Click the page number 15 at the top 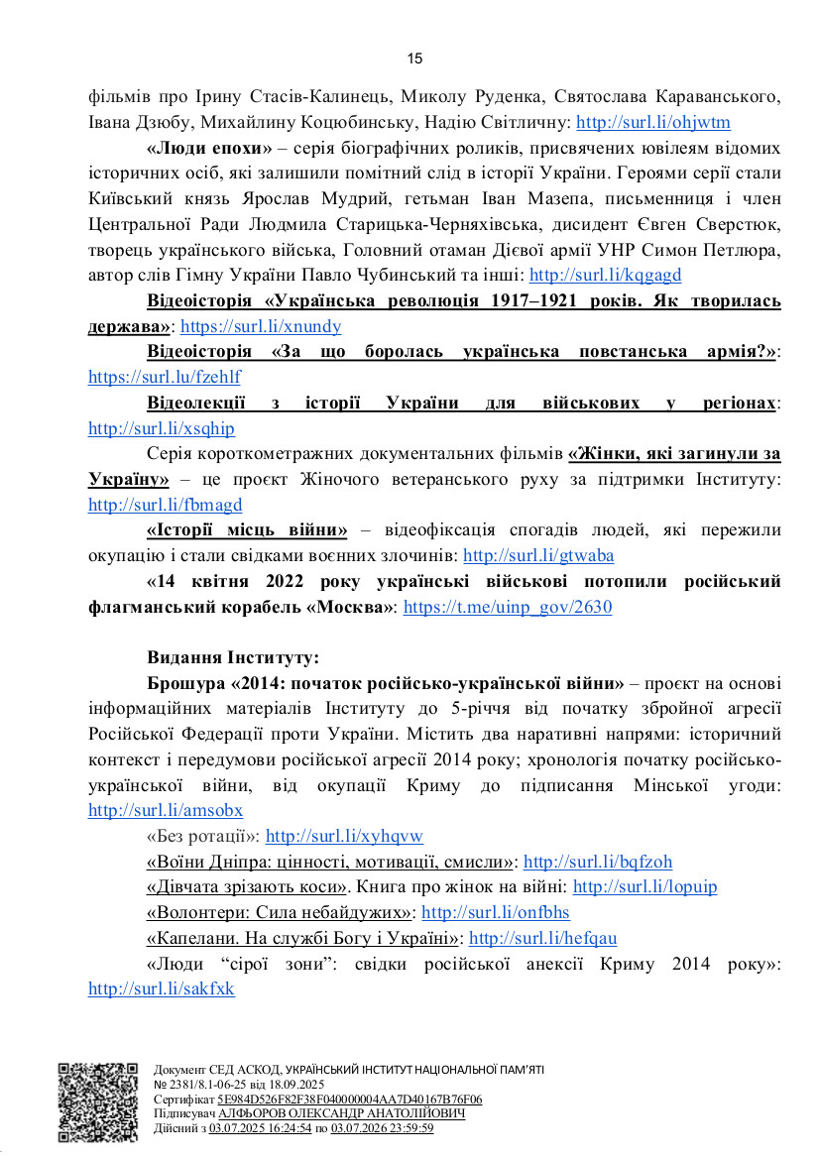(414, 58)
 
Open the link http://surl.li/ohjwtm (652, 124)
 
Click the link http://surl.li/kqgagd (605, 275)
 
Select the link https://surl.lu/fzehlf (164, 378)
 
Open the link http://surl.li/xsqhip (162, 429)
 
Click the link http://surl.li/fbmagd (165, 505)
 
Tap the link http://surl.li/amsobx (165, 810)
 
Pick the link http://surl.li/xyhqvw (344, 836)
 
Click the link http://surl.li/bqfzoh (598, 862)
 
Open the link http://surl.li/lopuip (644, 887)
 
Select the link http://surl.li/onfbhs (496, 912)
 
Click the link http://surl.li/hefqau (542, 938)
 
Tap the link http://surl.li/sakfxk (162, 989)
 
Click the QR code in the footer (97, 1101)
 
